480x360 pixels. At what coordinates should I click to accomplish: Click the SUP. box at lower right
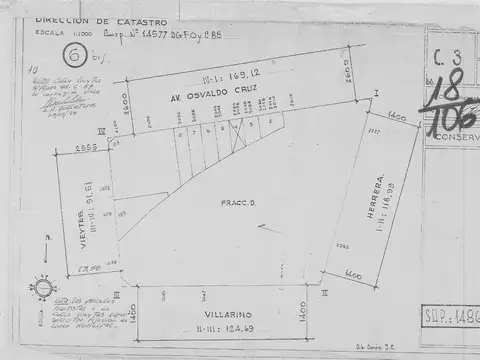pyautogui.click(x=451, y=318)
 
